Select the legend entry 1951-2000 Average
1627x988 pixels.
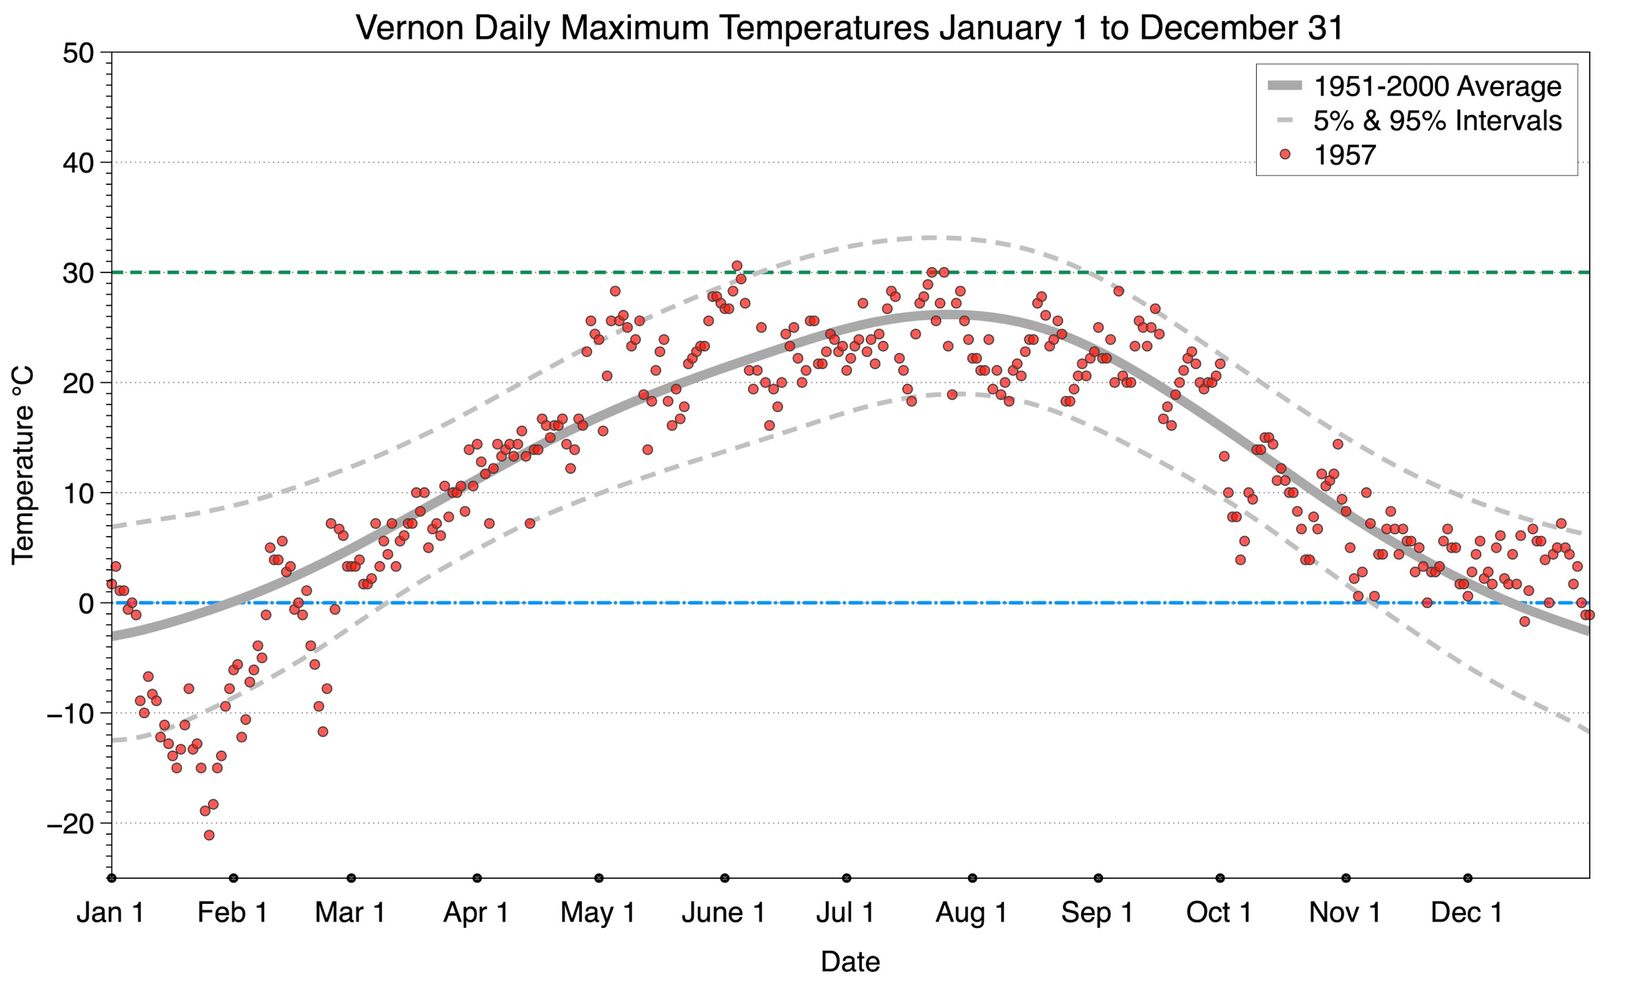pos(1437,86)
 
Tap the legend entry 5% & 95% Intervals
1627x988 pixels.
pos(1437,121)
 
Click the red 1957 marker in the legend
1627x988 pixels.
pos(1284,155)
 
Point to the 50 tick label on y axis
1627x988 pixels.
pos(78,53)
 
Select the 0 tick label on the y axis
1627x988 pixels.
pos(86,604)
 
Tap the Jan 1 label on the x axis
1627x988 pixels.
pos(110,913)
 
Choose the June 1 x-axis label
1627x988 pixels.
pos(723,913)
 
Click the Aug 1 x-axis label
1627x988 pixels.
pos(971,913)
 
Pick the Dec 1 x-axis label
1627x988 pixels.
pos(1466,913)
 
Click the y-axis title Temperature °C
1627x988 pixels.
pos(23,466)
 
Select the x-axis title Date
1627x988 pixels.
pos(850,962)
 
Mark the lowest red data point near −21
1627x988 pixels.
pos(209,835)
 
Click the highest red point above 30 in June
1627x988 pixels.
pos(736,266)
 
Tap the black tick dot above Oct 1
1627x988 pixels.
pos(1220,878)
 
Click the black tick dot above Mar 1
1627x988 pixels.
pos(351,878)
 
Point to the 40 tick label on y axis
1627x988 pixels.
pos(78,163)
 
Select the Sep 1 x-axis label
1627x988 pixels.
pos(1098,913)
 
